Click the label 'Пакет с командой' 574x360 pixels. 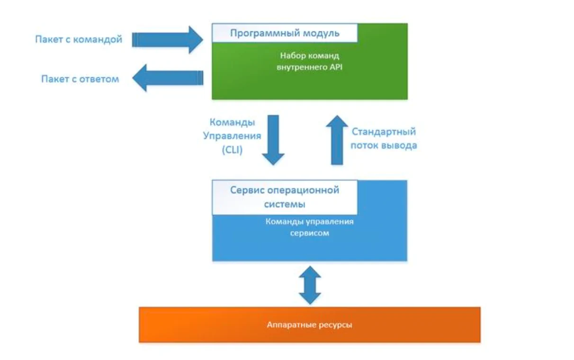(x=79, y=39)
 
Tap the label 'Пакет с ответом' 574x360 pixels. (x=80, y=79)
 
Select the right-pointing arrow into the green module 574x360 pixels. (x=168, y=39)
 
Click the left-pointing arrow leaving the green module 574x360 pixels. (x=168, y=79)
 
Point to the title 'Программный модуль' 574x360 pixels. (x=285, y=33)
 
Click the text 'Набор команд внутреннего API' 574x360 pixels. (x=309, y=62)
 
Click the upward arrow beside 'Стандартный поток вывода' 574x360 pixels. (x=337, y=140)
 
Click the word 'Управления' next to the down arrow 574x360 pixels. (x=232, y=136)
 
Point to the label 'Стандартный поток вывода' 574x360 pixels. (x=384, y=139)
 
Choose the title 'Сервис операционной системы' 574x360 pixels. (x=285, y=197)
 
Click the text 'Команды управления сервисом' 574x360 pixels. (x=309, y=227)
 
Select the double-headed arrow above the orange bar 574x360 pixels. (x=310, y=285)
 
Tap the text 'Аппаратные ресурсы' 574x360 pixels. (x=309, y=325)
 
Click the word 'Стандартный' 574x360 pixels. (x=384, y=132)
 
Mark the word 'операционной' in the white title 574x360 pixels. (x=308, y=190)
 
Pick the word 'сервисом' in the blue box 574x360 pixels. (x=309, y=234)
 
